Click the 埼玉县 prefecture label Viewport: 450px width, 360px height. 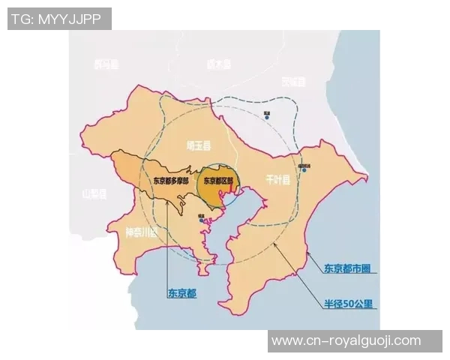coord(200,145)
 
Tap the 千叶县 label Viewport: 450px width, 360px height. coord(277,181)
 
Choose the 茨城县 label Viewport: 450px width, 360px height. coord(294,81)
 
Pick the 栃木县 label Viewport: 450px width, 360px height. coord(219,64)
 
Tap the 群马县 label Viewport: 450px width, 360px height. coord(106,64)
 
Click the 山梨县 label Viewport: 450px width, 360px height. coord(94,194)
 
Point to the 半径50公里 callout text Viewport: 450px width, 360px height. coord(349,304)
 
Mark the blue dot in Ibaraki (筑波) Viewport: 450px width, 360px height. coord(266,115)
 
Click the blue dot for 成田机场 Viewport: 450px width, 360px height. coord(303,170)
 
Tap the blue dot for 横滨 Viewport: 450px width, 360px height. coord(202,220)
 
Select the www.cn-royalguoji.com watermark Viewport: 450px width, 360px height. coord(346,340)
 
